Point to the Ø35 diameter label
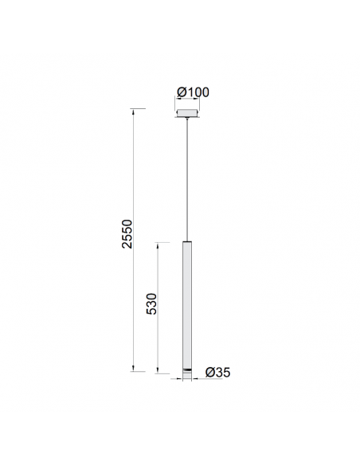point(217,372)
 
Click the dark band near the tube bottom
point(186,371)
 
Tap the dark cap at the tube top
point(186,242)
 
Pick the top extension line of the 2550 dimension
point(139,108)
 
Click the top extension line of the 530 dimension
point(163,241)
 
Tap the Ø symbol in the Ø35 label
point(209,372)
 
